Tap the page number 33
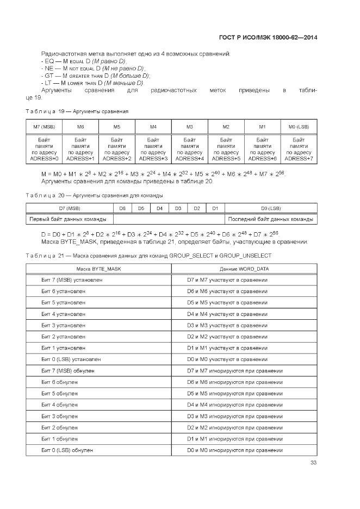[313, 463]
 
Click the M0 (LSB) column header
[299, 127]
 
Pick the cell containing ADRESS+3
[153, 149]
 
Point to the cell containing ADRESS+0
[44, 149]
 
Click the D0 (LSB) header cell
[271, 208]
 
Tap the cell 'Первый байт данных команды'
[69, 219]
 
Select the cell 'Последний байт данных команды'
[271, 219]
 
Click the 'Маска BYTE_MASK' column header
[98, 269]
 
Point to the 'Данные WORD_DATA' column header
[244, 269]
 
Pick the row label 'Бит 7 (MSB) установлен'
[72, 280]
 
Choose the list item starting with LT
[92, 83]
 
